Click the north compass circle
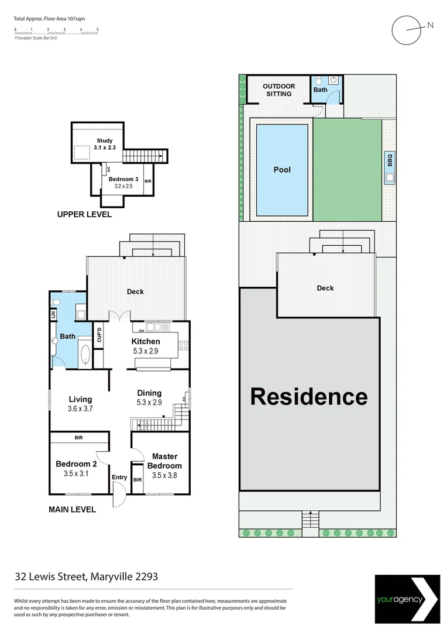pyautogui.click(x=407, y=29)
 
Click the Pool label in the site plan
pyautogui.click(x=282, y=170)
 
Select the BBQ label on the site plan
pyautogui.click(x=389, y=157)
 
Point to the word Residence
pyautogui.click(x=309, y=397)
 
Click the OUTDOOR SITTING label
pyautogui.click(x=278, y=90)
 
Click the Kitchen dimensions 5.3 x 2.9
pyautogui.click(x=146, y=352)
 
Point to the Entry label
pyautogui.click(x=119, y=478)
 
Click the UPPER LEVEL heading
pyautogui.click(x=84, y=215)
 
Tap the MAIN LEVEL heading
pyautogui.click(x=72, y=510)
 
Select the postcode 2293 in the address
pyautogui.click(x=145, y=576)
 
